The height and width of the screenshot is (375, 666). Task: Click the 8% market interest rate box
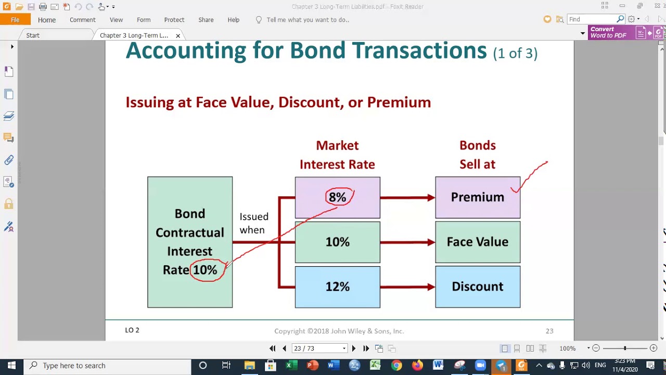coord(337,197)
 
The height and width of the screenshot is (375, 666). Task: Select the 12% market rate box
coord(337,287)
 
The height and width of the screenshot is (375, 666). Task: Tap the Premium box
coord(477,197)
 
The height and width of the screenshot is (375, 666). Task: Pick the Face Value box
coord(477,242)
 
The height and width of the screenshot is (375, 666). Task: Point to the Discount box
coord(477,287)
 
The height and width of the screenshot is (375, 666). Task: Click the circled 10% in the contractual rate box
coord(206,270)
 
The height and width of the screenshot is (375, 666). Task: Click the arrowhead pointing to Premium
coord(431,197)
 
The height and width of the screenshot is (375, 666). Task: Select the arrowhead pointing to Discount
coord(431,287)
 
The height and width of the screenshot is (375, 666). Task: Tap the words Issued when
coord(253,223)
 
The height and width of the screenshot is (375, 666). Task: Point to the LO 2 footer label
coord(132,330)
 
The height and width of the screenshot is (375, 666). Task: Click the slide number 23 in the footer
coord(549,331)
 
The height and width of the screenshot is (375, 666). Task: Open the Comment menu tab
coord(82,20)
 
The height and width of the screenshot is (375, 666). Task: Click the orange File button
coord(15,20)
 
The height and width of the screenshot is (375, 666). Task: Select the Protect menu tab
coord(174,20)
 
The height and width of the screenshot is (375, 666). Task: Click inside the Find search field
coord(591,19)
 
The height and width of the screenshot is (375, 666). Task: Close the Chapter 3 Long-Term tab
coord(178,35)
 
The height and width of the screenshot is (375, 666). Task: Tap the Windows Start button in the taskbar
coord(11,366)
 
